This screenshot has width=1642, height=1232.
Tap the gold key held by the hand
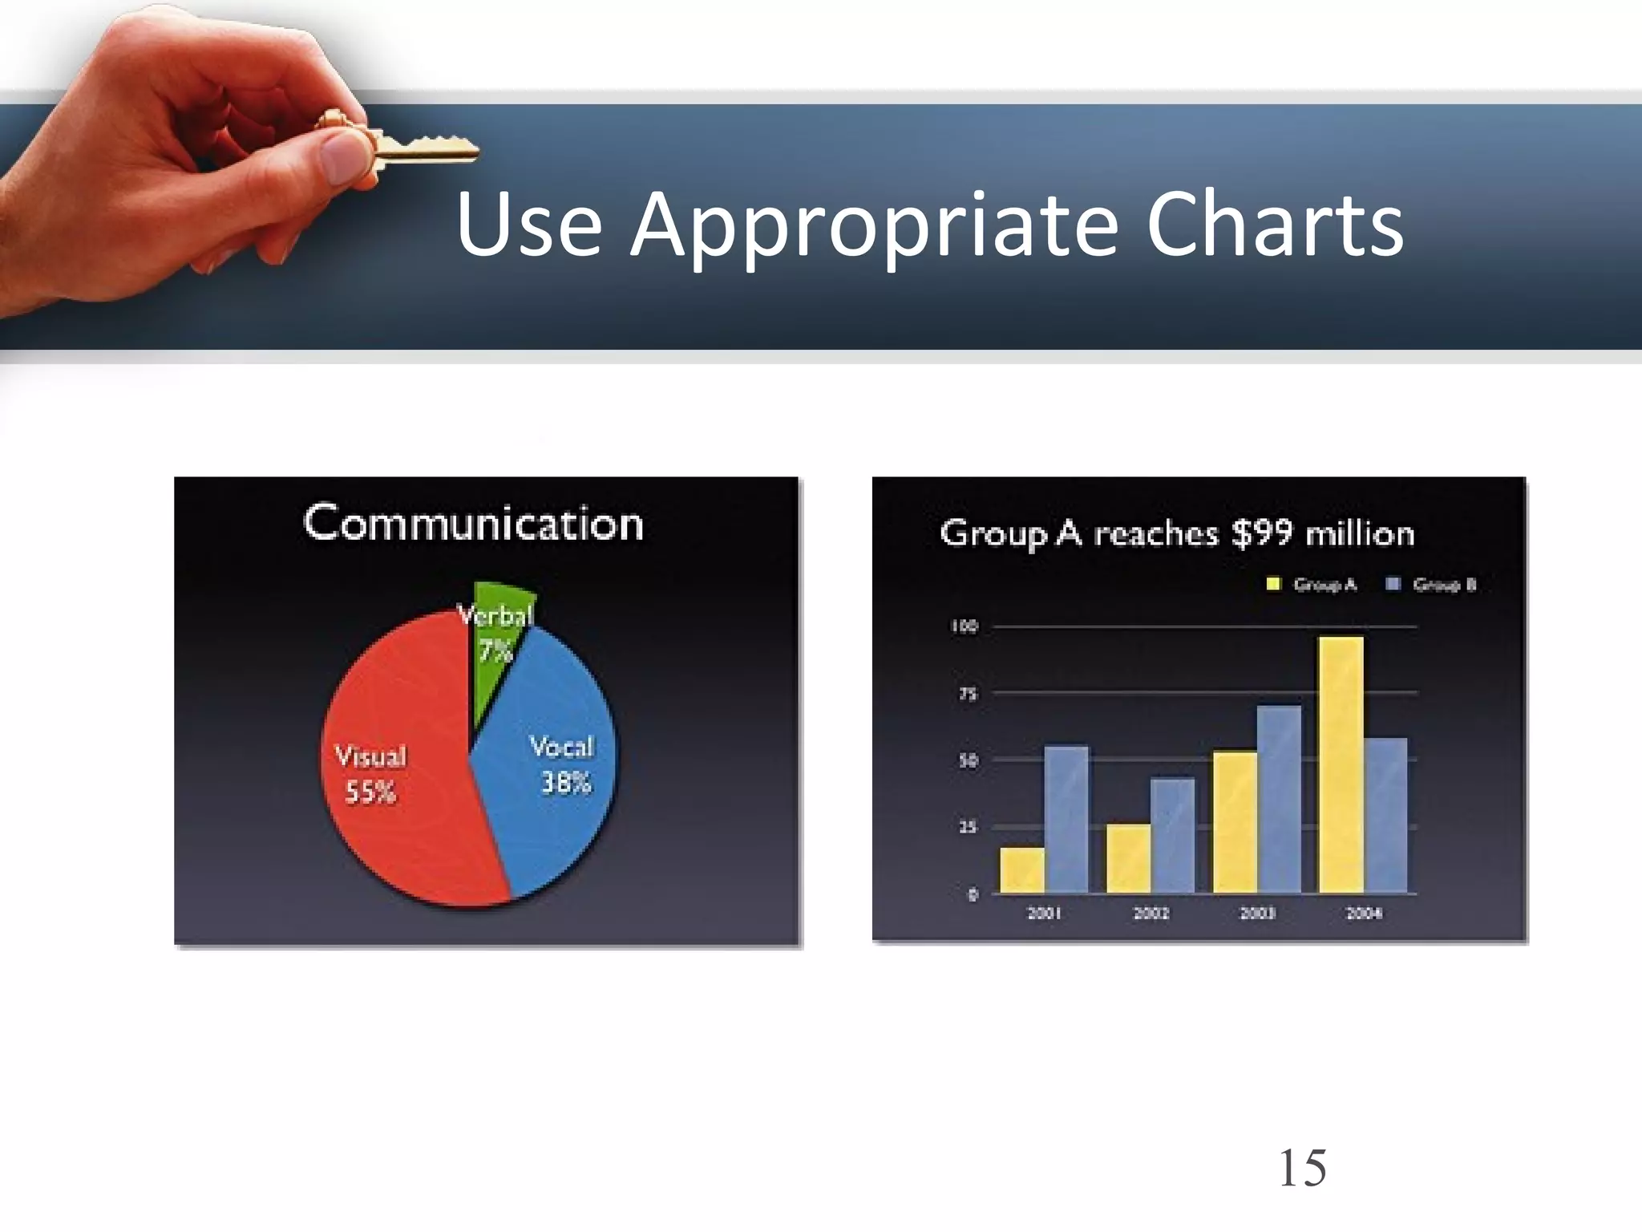417,147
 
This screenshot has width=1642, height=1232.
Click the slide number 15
1302,1168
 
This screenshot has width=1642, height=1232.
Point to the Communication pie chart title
473,524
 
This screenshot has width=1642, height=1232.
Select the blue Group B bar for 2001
1066,818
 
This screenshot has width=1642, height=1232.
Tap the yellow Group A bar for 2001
1022,869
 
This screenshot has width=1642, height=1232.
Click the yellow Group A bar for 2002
1128,857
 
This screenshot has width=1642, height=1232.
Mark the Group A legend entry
1315,585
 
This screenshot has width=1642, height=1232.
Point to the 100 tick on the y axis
965,626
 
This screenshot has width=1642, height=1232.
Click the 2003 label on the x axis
1257,913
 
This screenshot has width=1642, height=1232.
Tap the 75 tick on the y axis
968,694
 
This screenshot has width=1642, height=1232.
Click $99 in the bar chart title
1261,533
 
